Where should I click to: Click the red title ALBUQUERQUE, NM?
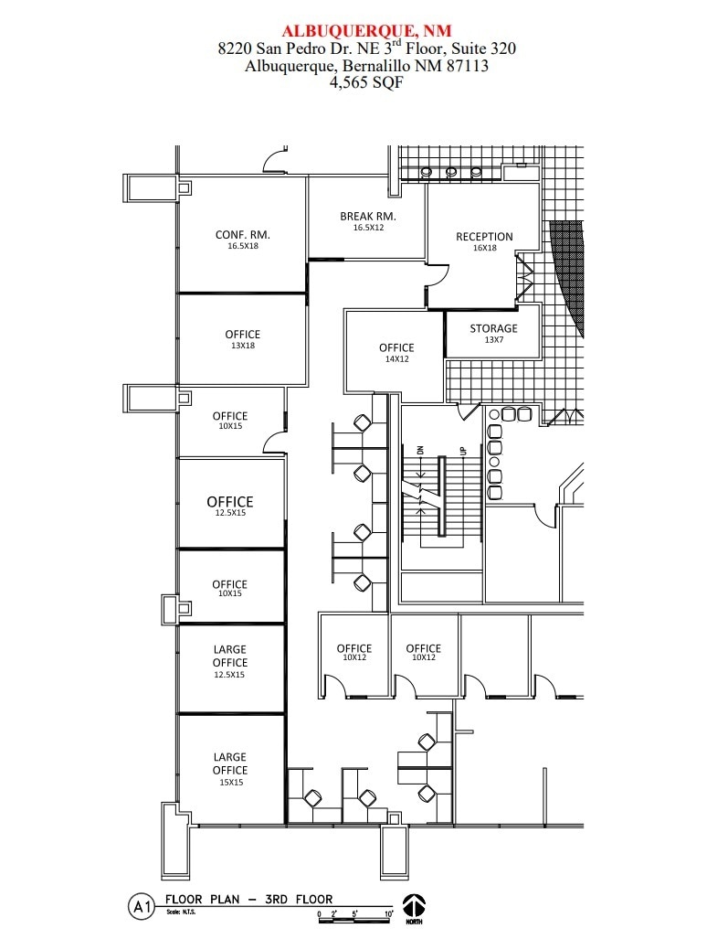click(x=366, y=31)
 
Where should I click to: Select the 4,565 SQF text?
click(x=366, y=81)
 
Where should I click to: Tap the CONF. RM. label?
click(x=242, y=234)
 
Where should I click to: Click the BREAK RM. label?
click(x=367, y=216)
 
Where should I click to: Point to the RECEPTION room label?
click(x=484, y=237)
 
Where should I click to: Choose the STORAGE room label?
click(x=493, y=328)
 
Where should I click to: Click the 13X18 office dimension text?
click(x=242, y=346)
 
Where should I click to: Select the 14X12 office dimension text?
click(x=396, y=359)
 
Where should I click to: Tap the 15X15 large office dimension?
click(x=230, y=782)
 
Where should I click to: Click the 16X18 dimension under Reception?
click(x=484, y=248)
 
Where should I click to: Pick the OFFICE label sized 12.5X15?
click(x=230, y=502)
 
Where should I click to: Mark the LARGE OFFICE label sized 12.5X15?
click(x=230, y=656)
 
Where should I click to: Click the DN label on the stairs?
click(x=420, y=449)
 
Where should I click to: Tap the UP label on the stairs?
click(x=462, y=449)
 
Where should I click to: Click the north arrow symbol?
click(x=415, y=906)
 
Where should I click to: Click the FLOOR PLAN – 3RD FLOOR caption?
click(x=248, y=899)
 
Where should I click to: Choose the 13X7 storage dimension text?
click(x=493, y=339)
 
